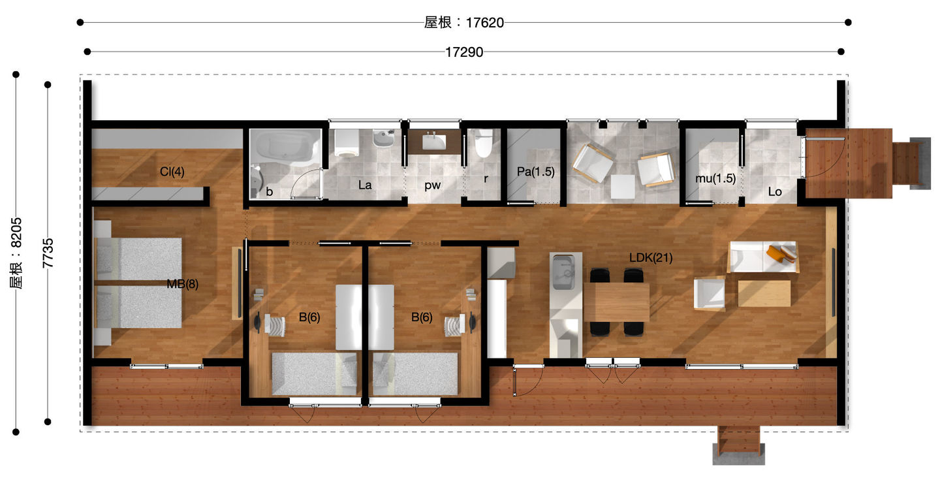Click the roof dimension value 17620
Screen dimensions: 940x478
484,23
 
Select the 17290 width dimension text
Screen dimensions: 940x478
464,52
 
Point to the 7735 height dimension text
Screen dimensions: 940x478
48,253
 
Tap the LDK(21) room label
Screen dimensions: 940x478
650,258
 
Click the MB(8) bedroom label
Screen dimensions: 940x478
183,284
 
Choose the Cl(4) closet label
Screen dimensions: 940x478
172,172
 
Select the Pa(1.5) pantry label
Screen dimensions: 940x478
535,172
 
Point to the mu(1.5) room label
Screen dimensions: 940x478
715,178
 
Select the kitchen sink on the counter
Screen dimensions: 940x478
563,272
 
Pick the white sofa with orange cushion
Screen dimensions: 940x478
763,257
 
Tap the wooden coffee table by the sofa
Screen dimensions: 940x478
764,293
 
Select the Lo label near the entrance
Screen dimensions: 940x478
775,192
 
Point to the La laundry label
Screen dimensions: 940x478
365,185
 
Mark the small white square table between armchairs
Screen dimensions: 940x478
623,187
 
